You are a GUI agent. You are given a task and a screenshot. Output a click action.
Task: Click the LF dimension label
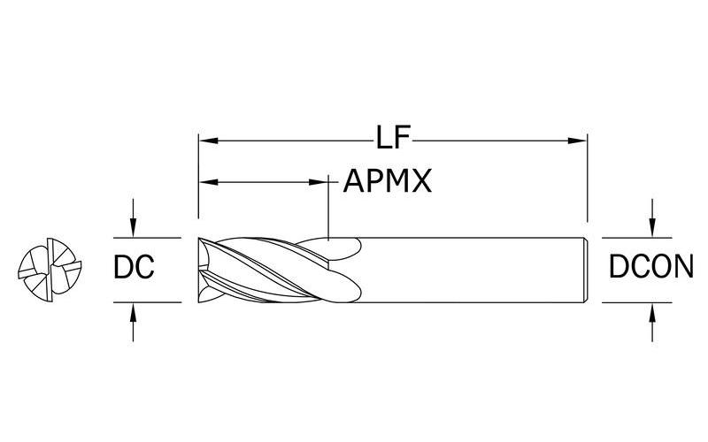pyautogui.click(x=394, y=139)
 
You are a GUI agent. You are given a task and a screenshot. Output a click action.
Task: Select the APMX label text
pyautogui.click(x=388, y=182)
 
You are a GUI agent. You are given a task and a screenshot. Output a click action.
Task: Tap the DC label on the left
pyautogui.click(x=135, y=268)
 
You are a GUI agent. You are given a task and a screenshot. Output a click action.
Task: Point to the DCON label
pyautogui.click(x=650, y=268)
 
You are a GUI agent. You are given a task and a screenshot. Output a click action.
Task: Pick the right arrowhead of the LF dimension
pyautogui.click(x=581, y=139)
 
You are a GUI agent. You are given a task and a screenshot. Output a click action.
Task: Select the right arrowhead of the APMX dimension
pyautogui.click(x=320, y=182)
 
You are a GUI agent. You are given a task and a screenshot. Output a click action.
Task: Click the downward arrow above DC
pyautogui.click(x=133, y=228)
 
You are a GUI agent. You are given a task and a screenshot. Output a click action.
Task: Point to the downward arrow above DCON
pyautogui.click(x=652, y=228)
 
